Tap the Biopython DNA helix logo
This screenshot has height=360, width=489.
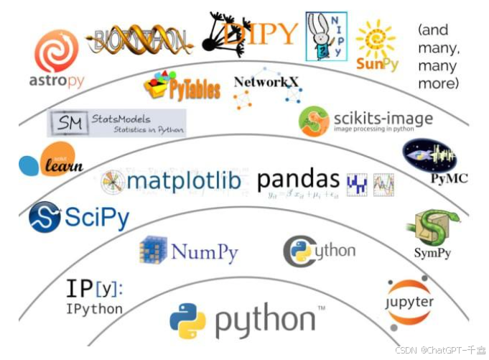[x=140, y=39]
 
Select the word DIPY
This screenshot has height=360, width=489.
[x=259, y=32]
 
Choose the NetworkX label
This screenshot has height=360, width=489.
[x=266, y=82]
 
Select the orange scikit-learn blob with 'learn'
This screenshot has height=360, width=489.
[x=61, y=160]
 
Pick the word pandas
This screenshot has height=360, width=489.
[x=298, y=180]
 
